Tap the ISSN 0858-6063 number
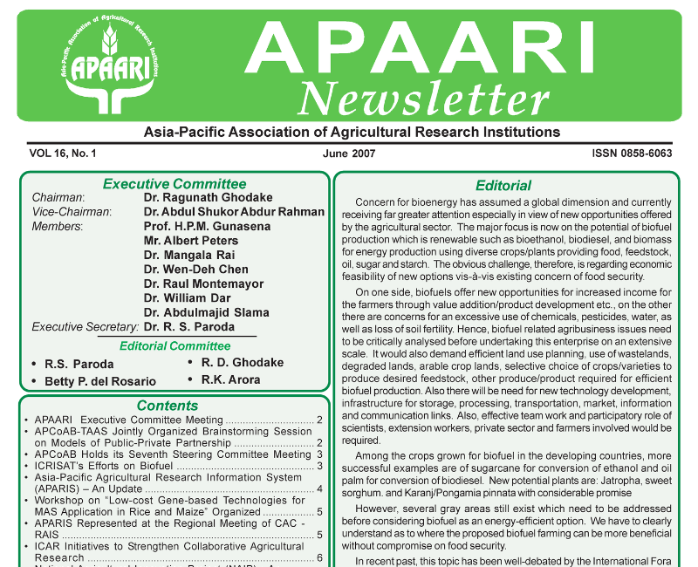click(x=619, y=154)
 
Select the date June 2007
click(x=348, y=154)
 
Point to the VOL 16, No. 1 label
click(x=63, y=154)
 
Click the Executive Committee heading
click(x=174, y=184)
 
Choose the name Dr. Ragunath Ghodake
click(x=208, y=198)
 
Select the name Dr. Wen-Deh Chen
click(x=196, y=270)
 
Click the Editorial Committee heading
click(x=174, y=345)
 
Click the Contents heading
click(x=168, y=406)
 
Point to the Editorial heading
click(x=503, y=186)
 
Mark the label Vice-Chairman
click(x=72, y=212)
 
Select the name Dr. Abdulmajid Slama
click(x=207, y=312)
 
